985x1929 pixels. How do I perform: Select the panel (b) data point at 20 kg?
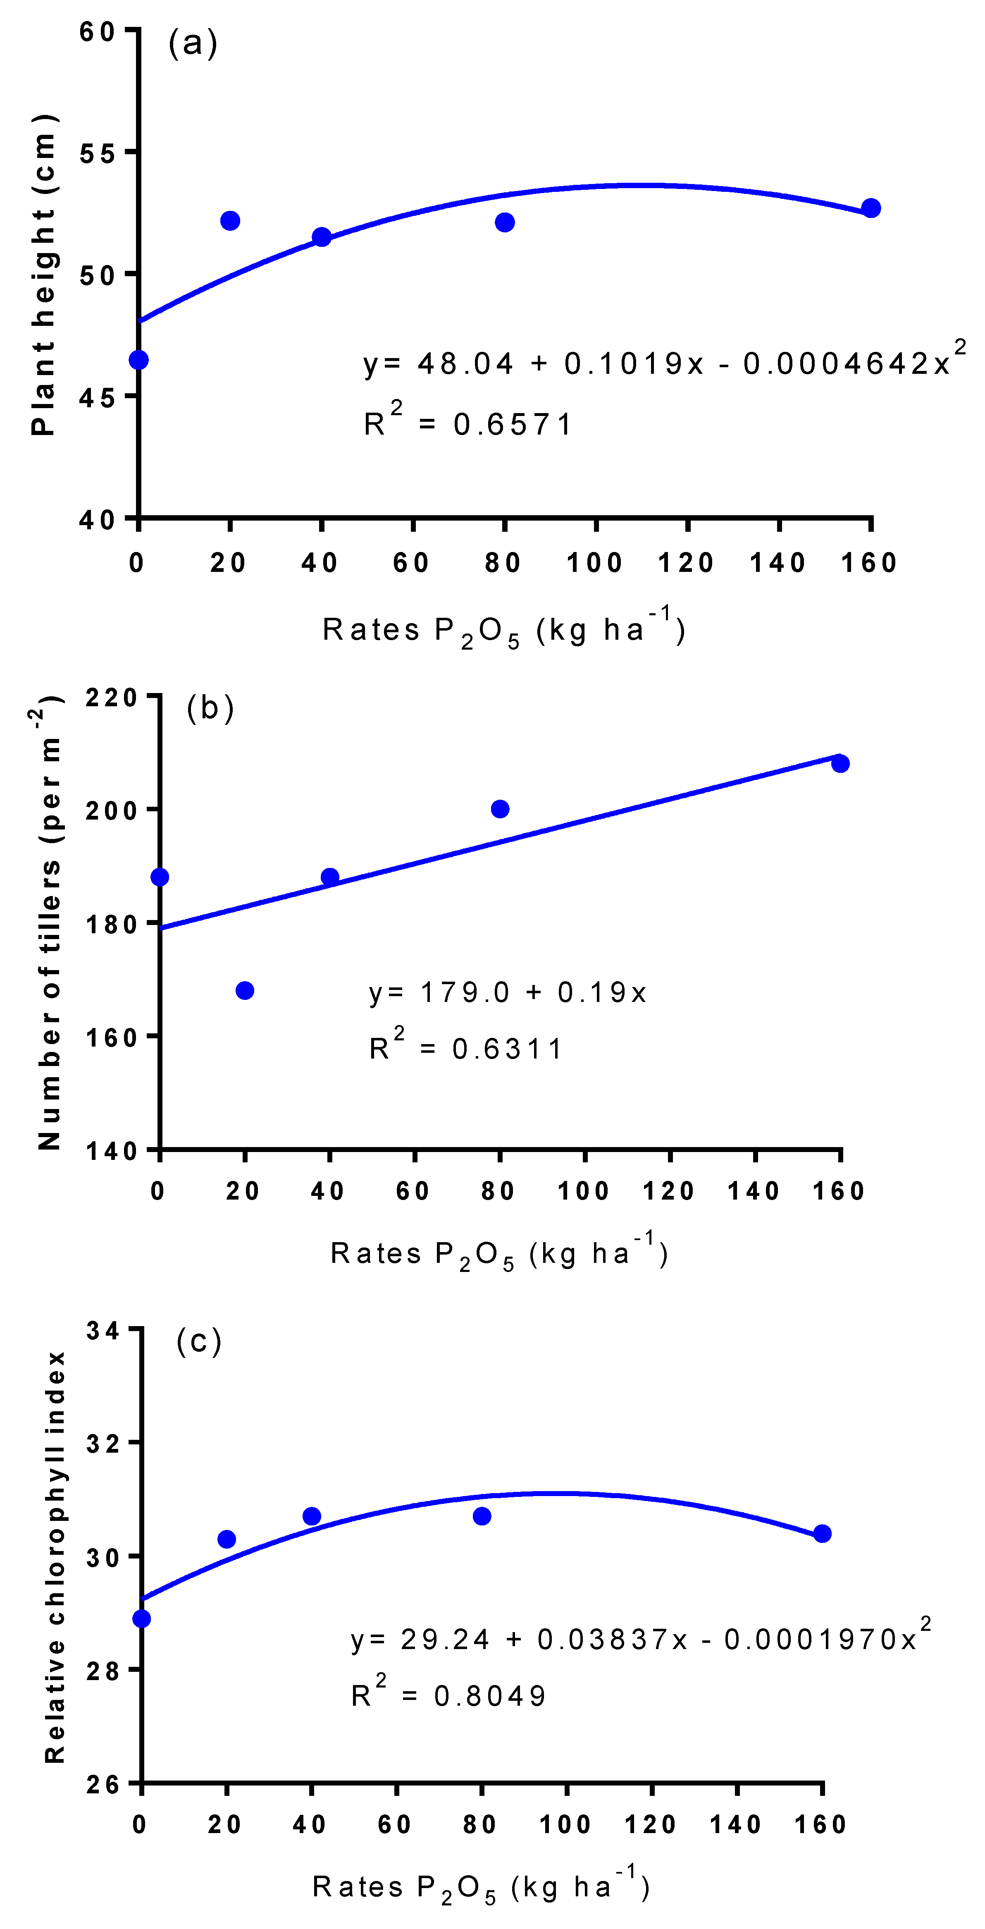point(245,991)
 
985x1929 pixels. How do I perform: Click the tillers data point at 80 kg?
point(500,809)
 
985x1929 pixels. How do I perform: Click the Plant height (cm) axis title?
point(43,275)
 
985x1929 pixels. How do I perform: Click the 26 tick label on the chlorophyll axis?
point(103,1784)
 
